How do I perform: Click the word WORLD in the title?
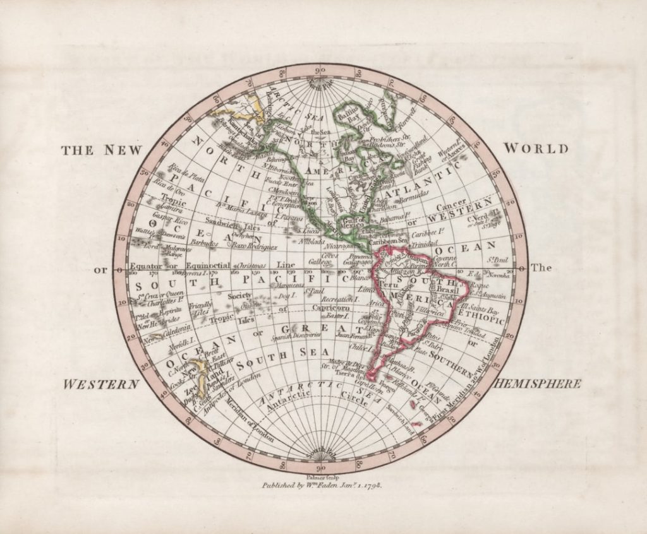point(536,149)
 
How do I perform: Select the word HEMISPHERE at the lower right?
point(538,383)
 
